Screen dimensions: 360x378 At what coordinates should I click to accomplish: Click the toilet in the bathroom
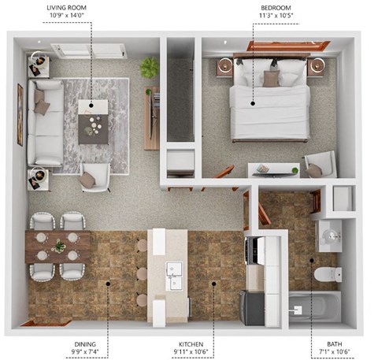click(326, 275)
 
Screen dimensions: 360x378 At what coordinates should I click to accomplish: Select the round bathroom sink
click(328, 235)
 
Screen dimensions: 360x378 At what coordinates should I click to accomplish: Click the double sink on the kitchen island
click(175, 274)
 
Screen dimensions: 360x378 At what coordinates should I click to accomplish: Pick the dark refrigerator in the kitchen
click(252, 307)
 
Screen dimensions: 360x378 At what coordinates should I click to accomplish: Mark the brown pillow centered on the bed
click(271, 78)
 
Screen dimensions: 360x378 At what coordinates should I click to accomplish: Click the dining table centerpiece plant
click(59, 247)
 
